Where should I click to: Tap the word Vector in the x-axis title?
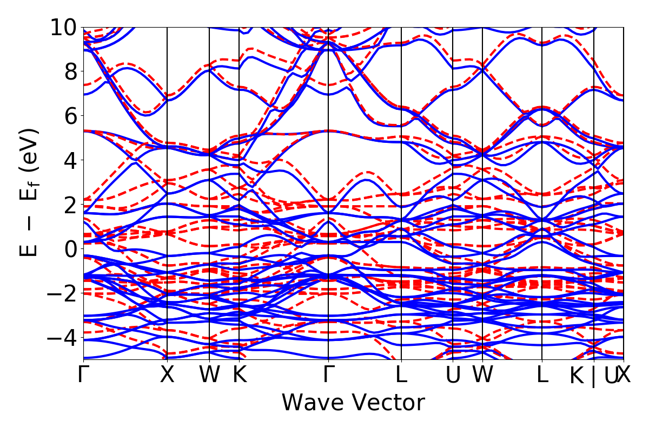tap(388, 403)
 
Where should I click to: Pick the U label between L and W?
tap(453, 375)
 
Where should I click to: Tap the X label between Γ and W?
tap(167, 375)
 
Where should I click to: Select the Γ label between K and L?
tap(328, 375)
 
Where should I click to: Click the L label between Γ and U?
tap(401, 375)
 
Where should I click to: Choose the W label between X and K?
tap(209, 375)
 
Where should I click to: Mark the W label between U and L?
tap(482, 375)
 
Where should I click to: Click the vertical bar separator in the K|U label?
tap(593, 376)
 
